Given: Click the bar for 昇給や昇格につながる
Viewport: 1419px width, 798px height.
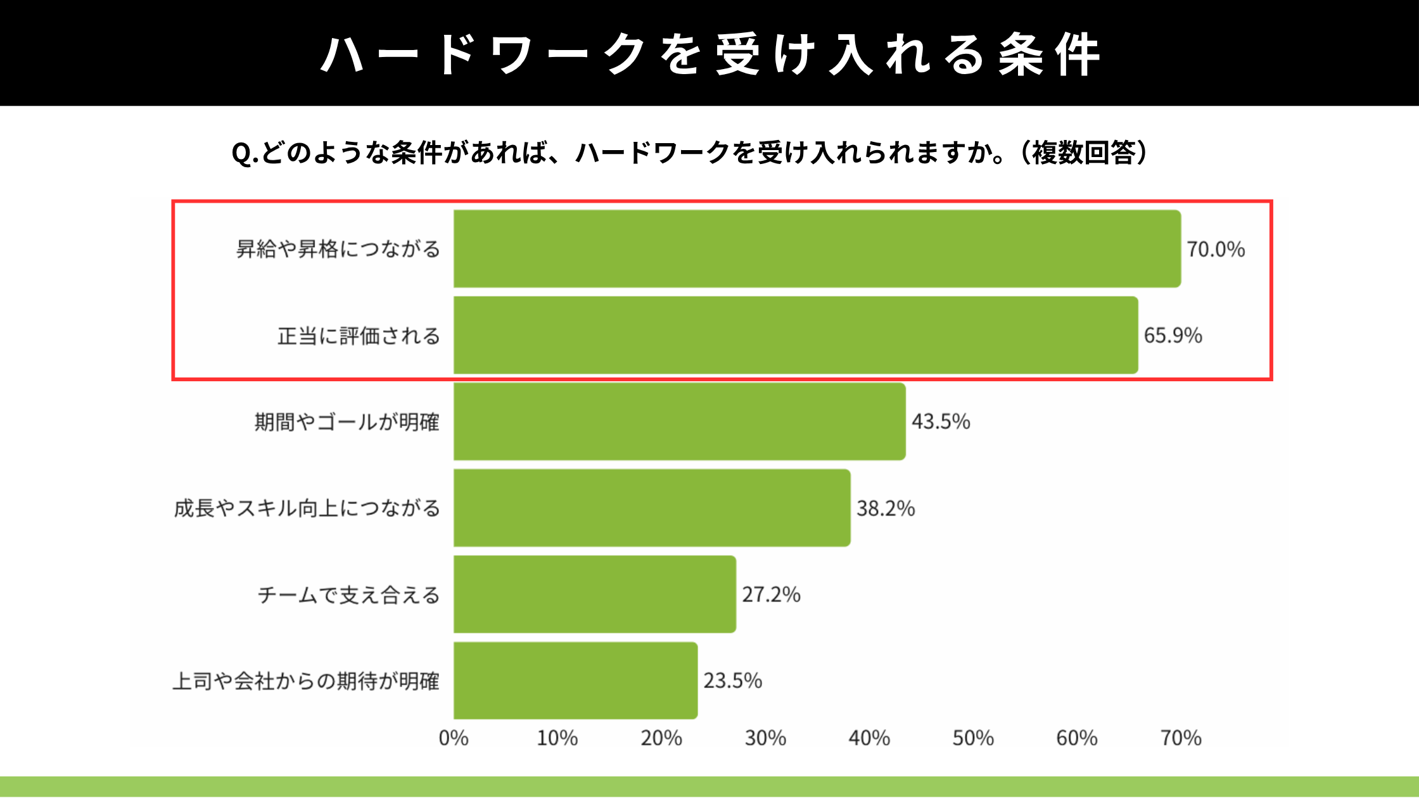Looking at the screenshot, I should point(817,249).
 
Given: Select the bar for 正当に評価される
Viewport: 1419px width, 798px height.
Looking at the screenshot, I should point(796,335).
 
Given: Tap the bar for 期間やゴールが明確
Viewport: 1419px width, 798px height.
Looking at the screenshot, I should point(680,421).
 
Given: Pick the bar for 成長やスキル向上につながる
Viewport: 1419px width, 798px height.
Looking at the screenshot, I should point(652,508).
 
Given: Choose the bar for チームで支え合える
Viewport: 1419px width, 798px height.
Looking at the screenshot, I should point(595,594).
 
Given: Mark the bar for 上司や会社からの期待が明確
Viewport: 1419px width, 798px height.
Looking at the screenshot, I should point(575,681).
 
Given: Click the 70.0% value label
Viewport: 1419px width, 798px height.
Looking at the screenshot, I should point(1216,250).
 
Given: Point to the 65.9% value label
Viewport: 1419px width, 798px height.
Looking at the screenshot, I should point(1173,336).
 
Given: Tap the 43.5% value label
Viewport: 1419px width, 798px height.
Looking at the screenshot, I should point(941,422).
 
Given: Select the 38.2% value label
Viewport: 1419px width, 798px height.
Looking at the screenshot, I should point(886,509).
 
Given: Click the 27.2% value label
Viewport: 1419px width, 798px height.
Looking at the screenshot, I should point(771,595).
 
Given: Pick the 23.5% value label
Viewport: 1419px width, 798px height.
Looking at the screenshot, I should point(732,681).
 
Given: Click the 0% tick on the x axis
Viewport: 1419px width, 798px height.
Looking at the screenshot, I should point(454,738).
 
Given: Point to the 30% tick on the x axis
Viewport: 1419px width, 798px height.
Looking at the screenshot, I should point(765,738).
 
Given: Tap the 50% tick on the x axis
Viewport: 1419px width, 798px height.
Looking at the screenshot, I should point(973,738).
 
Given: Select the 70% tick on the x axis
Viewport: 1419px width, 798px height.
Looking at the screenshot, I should point(1181,738).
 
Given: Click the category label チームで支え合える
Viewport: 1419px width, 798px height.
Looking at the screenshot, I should point(348,595).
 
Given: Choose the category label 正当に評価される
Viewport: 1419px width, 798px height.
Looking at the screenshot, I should point(359,336).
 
